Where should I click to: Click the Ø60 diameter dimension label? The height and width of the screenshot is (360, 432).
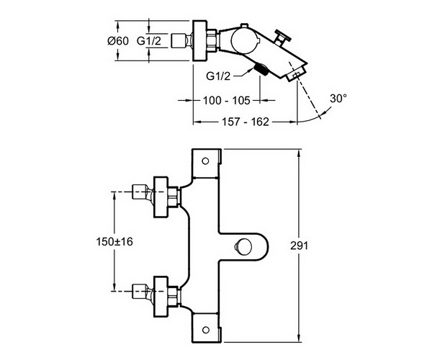pyautogui.click(x=118, y=41)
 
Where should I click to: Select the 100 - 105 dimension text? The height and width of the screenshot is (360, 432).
pyautogui.click(x=227, y=101)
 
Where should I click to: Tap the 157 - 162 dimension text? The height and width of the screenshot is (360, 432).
pyautogui.click(x=246, y=122)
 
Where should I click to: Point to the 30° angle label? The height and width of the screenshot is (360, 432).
pyautogui.click(x=338, y=99)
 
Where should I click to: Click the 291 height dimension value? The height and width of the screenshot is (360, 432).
pyautogui.click(x=300, y=246)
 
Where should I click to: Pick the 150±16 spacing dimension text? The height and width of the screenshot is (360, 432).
pyautogui.click(x=114, y=242)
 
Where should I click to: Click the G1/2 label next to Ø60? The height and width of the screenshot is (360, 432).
pyautogui.click(x=149, y=41)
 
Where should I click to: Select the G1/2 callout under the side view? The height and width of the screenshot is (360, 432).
pyautogui.click(x=218, y=76)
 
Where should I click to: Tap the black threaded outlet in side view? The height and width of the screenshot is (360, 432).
pyautogui.click(x=261, y=68)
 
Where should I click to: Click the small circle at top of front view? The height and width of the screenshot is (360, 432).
pyautogui.click(x=205, y=161)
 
